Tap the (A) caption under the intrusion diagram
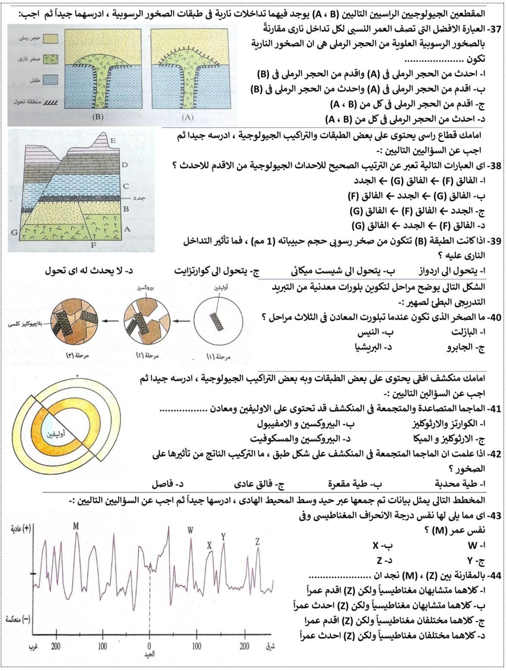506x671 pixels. click(188, 117)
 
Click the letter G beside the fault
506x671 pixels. click(14, 232)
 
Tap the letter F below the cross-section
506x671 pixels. click(92, 244)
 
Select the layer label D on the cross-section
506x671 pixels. click(125, 164)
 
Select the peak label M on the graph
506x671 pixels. click(76, 527)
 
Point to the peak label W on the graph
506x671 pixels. click(190, 530)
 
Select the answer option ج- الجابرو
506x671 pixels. click(466, 347)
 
